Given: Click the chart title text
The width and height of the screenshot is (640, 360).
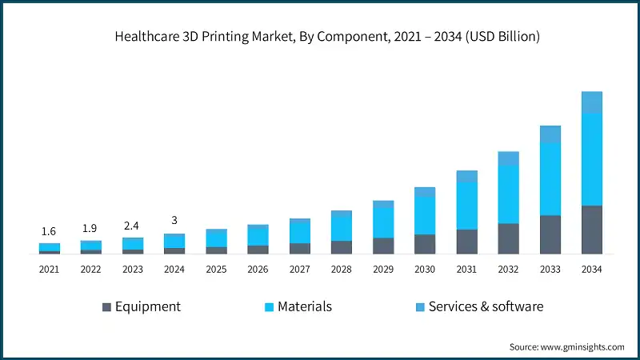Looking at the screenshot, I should coord(320,36).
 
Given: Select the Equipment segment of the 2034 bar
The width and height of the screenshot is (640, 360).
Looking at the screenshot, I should coord(591,230).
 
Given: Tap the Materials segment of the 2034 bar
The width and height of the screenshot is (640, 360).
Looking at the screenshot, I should coord(591,159).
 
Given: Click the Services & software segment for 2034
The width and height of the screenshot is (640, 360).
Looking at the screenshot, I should coord(591,102).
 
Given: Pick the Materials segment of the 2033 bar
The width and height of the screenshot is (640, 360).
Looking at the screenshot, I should coord(550,179).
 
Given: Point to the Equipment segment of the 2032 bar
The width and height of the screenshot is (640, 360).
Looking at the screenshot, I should coord(508,238).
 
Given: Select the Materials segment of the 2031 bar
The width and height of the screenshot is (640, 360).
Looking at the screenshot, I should coord(466,206).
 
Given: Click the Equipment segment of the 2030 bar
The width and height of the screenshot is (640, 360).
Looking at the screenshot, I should coord(425,244).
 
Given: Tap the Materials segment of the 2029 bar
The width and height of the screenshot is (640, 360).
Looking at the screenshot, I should coord(383,222).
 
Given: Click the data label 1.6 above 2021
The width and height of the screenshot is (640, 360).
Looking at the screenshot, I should coord(50,231).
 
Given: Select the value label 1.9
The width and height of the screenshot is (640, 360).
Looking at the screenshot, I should coord(91,228).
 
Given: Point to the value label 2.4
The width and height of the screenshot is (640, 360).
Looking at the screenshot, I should coord(133,225).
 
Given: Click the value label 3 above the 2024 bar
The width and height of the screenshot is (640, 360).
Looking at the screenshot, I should coord(174,221).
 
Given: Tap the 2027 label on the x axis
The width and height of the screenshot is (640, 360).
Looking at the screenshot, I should coord(299,270).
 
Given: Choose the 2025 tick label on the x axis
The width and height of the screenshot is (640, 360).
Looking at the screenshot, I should coord(216,270).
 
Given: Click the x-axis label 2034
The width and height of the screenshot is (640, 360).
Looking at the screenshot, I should coord(591,270).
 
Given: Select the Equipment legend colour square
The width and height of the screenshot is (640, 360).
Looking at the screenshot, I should coord(107,306).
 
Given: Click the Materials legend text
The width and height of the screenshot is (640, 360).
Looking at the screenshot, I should coord(304,306).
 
